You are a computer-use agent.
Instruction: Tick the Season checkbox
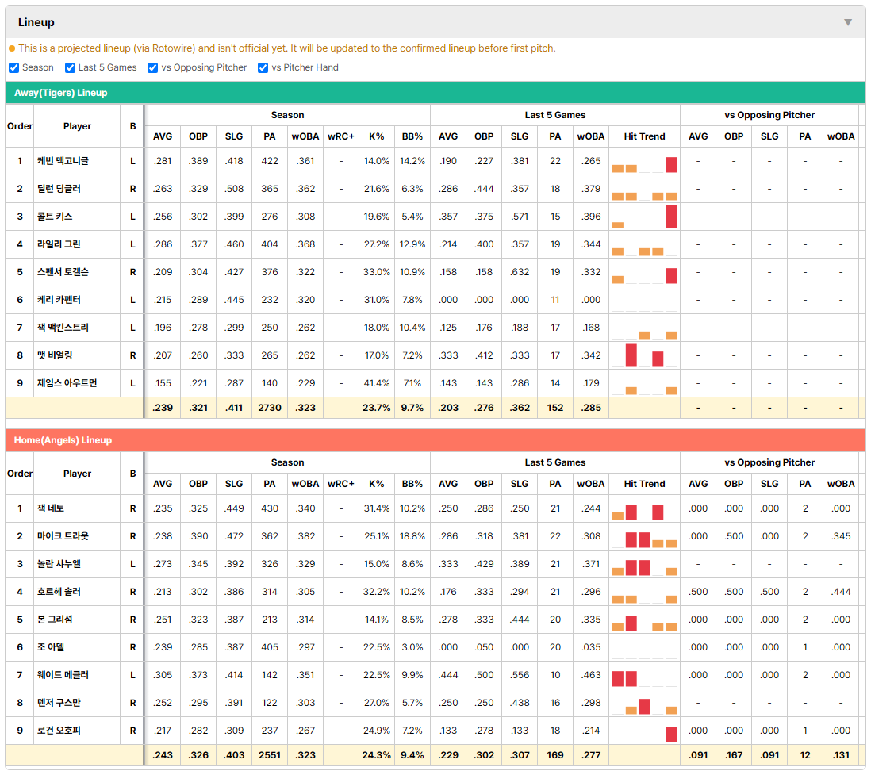pyautogui.click(x=14, y=67)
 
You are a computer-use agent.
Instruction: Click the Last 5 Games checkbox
pyautogui.click(x=70, y=67)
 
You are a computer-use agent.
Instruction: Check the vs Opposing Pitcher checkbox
pyautogui.click(x=153, y=67)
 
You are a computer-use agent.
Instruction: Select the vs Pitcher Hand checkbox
pyautogui.click(x=263, y=67)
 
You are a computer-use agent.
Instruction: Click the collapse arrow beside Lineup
pyautogui.click(x=848, y=22)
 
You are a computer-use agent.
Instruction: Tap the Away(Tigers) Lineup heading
pyautogui.click(x=60, y=93)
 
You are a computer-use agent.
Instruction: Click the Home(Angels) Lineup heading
pyautogui.click(x=63, y=440)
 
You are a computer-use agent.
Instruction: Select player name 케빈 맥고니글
pyautogui.click(x=63, y=161)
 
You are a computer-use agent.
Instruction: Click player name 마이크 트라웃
pyautogui.click(x=63, y=536)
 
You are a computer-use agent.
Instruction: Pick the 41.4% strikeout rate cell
pyautogui.click(x=377, y=383)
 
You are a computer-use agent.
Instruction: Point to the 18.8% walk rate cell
pyautogui.click(x=412, y=536)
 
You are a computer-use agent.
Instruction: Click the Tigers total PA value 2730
pyautogui.click(x=270, y=408)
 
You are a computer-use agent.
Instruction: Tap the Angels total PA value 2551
pyautogui.click(x=270, y=755)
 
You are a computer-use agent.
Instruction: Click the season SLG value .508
pyautogui.click(x=234, y=189)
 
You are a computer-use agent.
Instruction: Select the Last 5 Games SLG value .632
pyautogui.click(x=520, y=272)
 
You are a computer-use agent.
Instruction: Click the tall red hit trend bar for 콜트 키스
pyautogui.click(x=671, y=217)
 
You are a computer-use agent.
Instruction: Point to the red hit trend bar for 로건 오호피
pyautogui.click(x=671, y=735)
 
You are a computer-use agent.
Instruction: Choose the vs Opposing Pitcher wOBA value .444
pyautogui.click(x=841, y=592)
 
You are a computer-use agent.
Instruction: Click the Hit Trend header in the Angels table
pyautogui.click(x=644, y=484)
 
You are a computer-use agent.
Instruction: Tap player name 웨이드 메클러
pyautogui.click(x=63, y=675)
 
